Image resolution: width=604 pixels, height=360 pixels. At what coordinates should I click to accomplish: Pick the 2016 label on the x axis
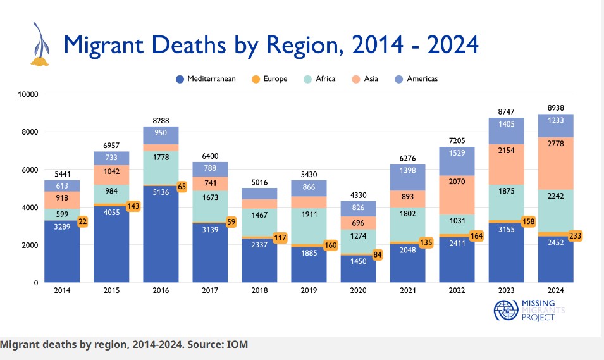click(161, 290)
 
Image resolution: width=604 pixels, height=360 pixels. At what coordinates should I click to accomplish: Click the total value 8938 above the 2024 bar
click(555, 108)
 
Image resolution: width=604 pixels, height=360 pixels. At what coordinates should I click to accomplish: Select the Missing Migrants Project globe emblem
click(505, 312)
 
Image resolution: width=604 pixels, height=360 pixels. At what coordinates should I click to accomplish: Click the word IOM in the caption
click(238, 345)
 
